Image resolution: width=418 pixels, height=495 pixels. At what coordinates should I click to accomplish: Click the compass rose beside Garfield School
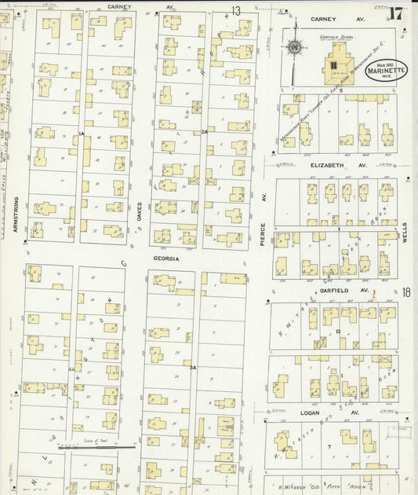[x=295, y=48]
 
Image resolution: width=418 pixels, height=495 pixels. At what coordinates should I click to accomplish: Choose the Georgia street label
[x=166, y=258]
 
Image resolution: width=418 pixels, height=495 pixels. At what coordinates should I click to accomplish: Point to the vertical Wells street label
[x=405, y=229]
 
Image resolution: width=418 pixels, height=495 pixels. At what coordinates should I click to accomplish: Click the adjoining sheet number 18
[x=406, y=292]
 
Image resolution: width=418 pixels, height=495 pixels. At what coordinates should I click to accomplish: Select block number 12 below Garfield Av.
[x=337, y=332]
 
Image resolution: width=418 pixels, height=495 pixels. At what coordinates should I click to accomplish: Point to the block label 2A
[x=205, y=131]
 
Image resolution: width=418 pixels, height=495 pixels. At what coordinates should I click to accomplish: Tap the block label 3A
[x=191, y=366]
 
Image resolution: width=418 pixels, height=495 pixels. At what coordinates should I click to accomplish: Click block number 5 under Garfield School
[x=341, y=99]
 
